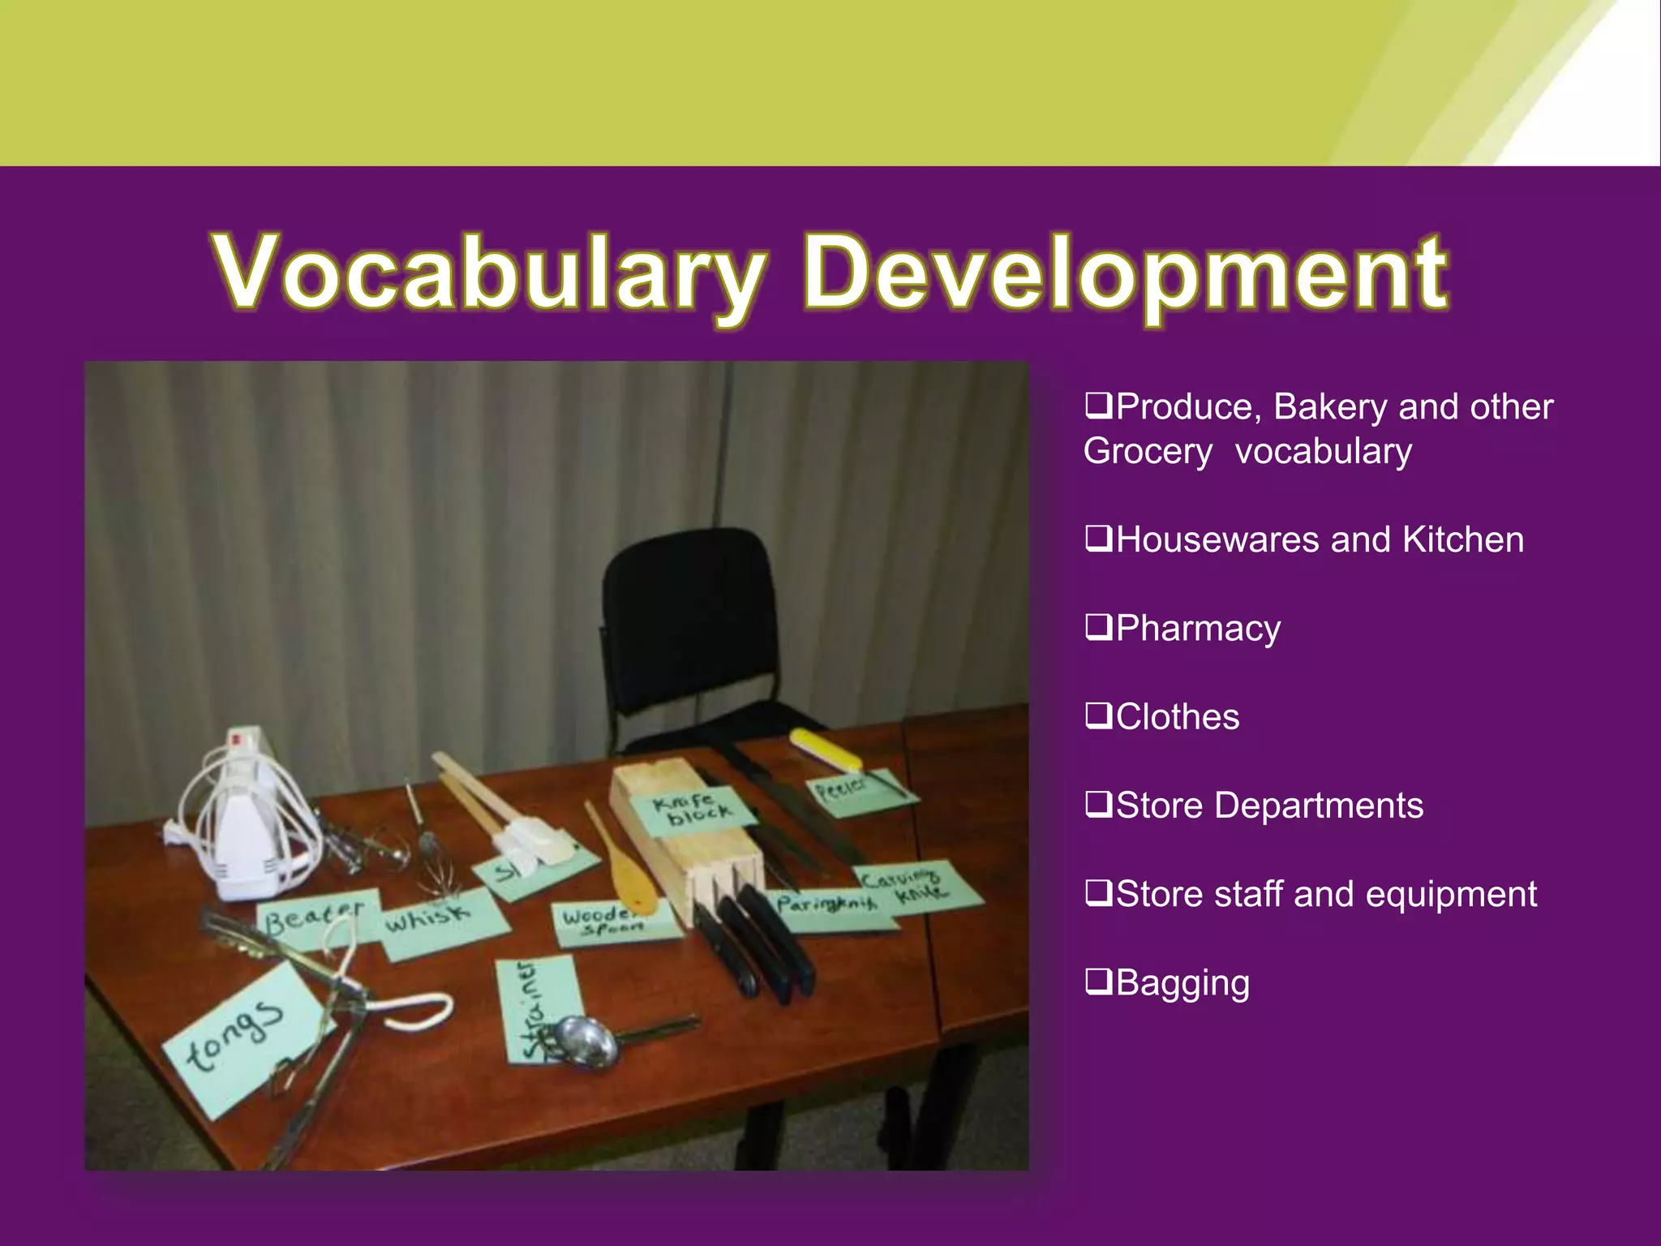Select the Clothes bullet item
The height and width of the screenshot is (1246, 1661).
click(x=1177, y=717)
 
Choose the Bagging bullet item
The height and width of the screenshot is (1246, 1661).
click(x=1182, y=983)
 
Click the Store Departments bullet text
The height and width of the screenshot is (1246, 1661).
click(x=1268, y=806)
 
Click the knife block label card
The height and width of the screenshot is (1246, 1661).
click(x=693, y=811)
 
